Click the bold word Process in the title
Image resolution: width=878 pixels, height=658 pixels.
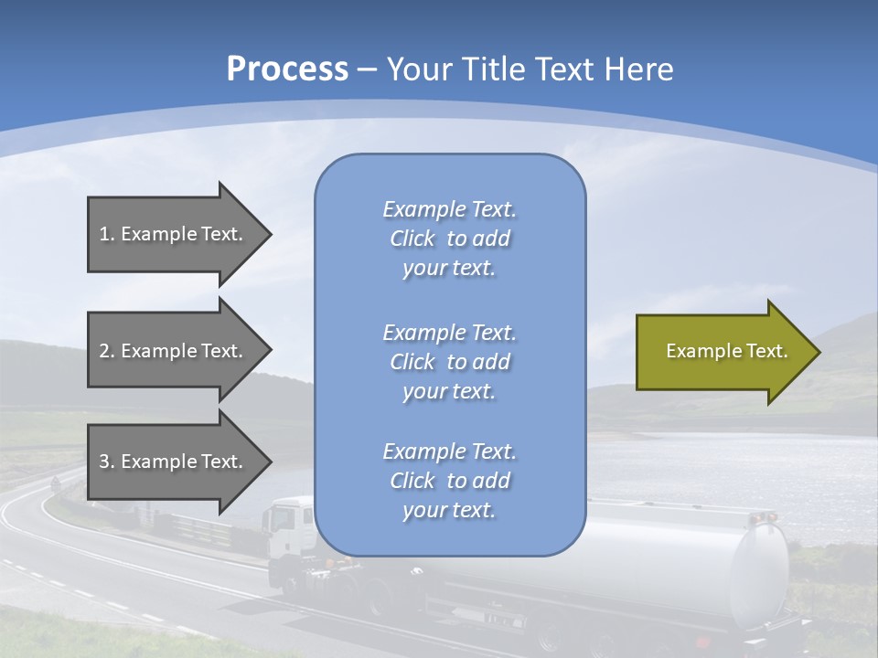click(287, 69)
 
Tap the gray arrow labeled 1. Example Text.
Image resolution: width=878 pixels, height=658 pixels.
click(180, 235)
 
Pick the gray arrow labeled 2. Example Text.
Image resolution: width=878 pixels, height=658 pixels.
click(180, 350)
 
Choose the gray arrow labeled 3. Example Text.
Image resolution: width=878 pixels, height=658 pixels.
click(180, 462)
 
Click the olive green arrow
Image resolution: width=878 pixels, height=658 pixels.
click(729, 352)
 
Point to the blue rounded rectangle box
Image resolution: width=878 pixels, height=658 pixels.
click(450, 355)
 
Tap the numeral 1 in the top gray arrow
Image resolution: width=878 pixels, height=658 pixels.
click(104, 234)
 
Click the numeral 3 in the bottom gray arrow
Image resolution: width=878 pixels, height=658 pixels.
click(104, 462)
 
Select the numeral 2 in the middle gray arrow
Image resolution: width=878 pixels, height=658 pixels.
click(104, 351)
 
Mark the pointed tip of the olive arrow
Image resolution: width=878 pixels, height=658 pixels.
click(820, 352)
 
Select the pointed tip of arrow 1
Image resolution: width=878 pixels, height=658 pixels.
click(273, 235)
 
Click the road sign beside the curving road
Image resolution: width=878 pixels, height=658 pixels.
click(56, 483)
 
